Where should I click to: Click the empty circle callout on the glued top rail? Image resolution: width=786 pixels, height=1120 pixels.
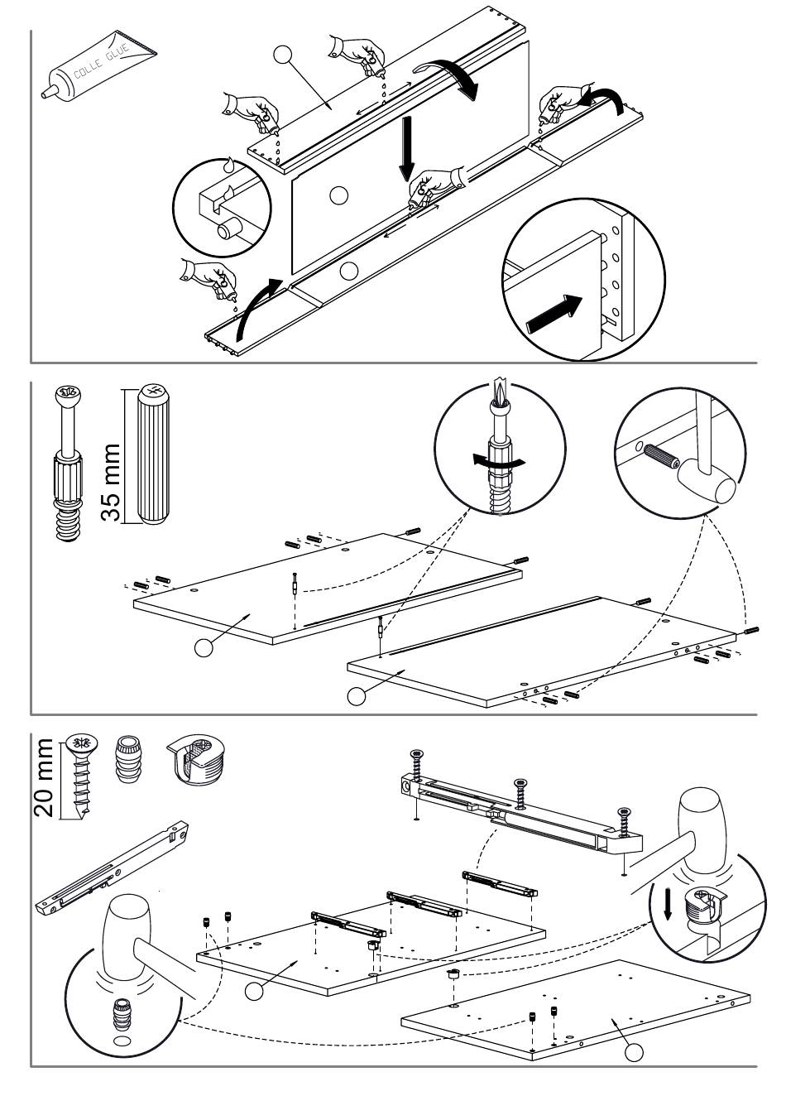(x=283, y=55)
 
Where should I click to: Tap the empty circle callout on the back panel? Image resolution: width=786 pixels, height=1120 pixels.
(x=338, y=195)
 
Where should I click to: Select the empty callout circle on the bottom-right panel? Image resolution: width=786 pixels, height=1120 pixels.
(x=634, y=1052)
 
